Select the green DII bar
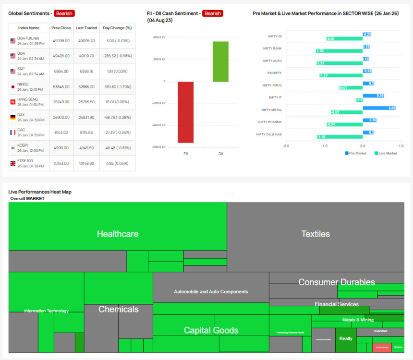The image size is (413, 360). (221, 61)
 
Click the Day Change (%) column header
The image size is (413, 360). (117, 28)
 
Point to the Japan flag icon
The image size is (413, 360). (13, 87)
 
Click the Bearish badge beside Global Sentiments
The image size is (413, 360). (64, 13)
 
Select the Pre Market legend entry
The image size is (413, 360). (355, 153)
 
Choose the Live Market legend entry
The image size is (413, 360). (385, 153)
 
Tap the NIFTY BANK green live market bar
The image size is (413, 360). (339, 50)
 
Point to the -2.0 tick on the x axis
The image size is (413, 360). (286, 145)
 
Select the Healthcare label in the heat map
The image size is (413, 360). (118, 234)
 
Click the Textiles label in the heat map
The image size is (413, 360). (316, 234)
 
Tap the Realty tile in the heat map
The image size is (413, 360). (346, 338)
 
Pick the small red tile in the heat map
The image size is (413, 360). (382, 347)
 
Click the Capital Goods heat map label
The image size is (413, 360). (211, 330)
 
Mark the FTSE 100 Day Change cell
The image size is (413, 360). (117, 163)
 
